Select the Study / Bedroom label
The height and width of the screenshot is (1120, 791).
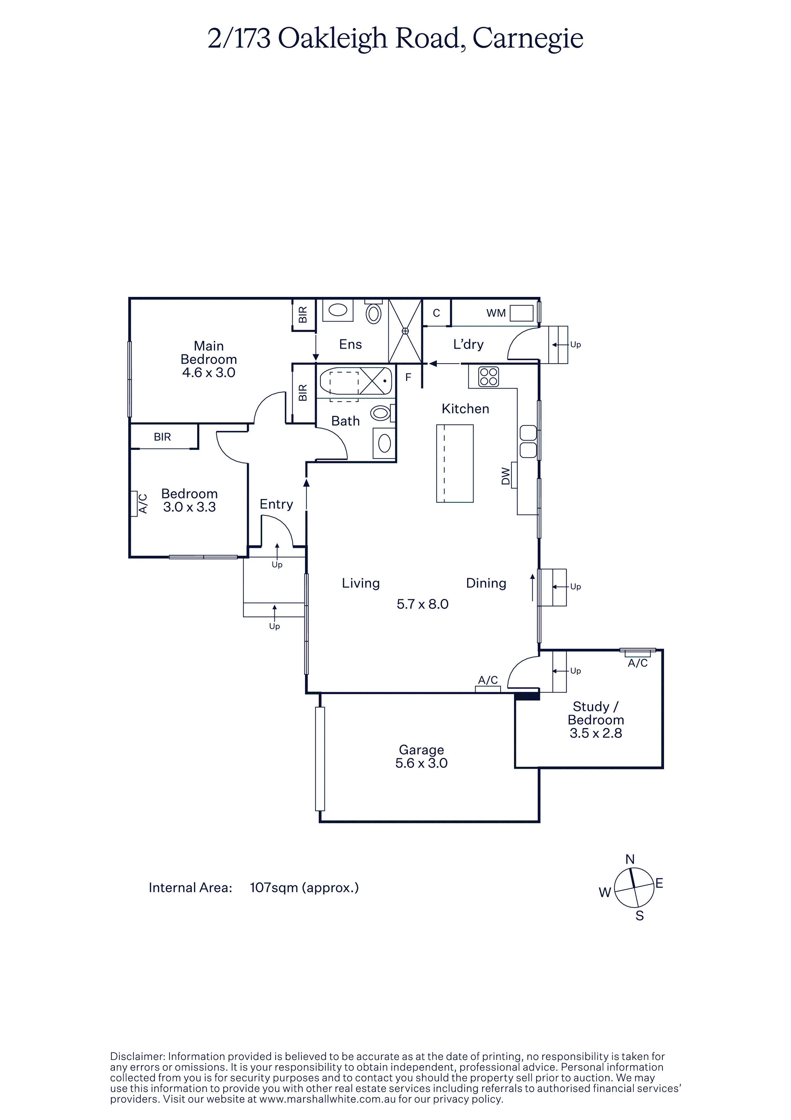point(596,713)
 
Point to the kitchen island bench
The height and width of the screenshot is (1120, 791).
point(455,463)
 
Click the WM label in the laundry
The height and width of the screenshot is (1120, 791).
point(496,313)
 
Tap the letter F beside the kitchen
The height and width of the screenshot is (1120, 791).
point(408,377)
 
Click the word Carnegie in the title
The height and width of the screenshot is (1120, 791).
point(528,39)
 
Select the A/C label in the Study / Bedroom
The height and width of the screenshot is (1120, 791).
point(638,663)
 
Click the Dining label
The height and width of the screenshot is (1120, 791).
point(486,583)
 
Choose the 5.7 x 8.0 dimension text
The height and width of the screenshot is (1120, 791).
point(422,604)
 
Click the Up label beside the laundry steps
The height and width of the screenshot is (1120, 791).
point(576,345)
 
